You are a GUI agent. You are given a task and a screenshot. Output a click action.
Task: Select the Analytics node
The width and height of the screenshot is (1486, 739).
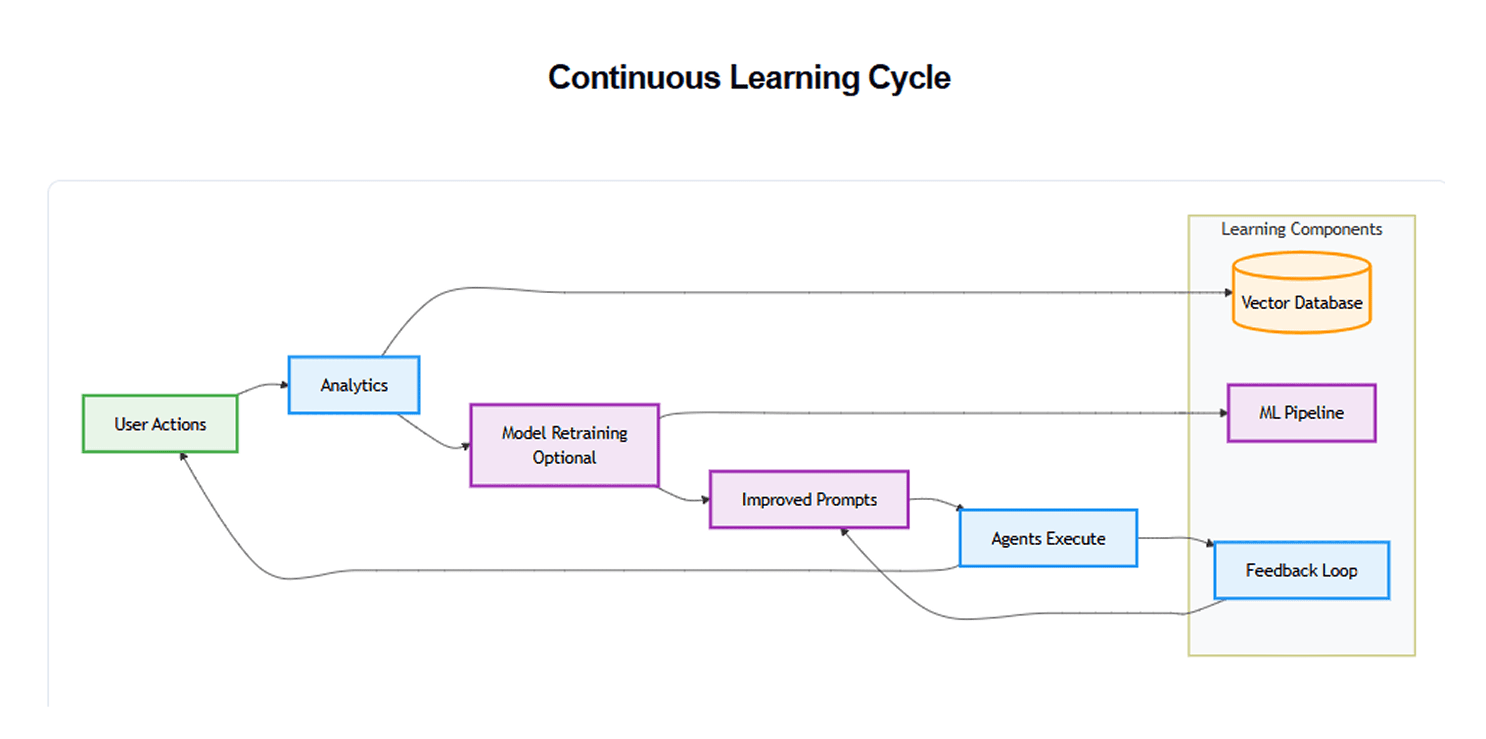[x=353, y=385]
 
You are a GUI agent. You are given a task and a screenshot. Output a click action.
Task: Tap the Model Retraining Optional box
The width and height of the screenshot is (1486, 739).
[x=564, y=445]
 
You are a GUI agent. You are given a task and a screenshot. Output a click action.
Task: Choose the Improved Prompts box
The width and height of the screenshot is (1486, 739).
[x=809, y=499]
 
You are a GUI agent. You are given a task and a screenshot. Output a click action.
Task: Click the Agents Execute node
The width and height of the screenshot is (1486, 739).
[x=1048, y=538]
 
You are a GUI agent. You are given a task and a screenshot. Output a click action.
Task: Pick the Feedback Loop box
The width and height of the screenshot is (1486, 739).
[x=1301, y=570]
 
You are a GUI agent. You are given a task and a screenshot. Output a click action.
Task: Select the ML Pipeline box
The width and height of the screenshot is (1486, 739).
[x=1301, y=413]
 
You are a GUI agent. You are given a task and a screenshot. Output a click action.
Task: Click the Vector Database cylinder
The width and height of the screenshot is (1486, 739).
[x=1301, y=292]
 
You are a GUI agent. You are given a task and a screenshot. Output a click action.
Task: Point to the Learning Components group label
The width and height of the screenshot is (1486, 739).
[x=1301, y=229]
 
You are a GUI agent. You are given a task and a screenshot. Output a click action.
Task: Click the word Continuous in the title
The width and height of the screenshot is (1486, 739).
[x=634, y=77]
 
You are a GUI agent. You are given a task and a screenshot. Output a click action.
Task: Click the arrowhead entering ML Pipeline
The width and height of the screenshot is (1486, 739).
[x=1224, y=413]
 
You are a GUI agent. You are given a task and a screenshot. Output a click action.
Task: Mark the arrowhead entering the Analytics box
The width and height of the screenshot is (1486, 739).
[x=284, y=385]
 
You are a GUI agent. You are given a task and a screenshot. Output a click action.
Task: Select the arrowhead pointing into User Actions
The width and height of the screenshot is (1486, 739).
[x=183, y=457]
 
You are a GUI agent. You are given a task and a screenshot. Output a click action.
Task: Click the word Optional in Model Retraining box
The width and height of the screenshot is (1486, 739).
[x=564, y=458]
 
